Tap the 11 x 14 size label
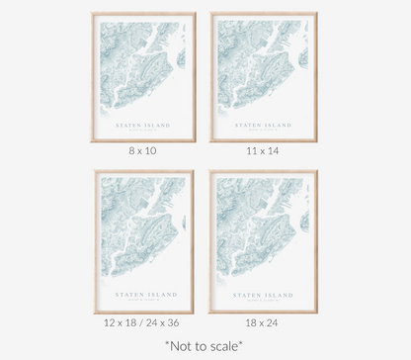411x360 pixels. pos(262,151)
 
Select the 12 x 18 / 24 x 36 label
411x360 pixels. pos(142,323)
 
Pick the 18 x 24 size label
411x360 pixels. pos(263,323)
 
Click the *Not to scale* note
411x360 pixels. pos(205,346)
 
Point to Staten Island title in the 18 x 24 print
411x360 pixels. pos(263,294)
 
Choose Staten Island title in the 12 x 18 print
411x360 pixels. pos(144,294)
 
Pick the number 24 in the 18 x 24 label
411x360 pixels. pos(274,323)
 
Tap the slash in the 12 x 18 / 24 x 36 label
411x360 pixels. pos(144,323)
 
